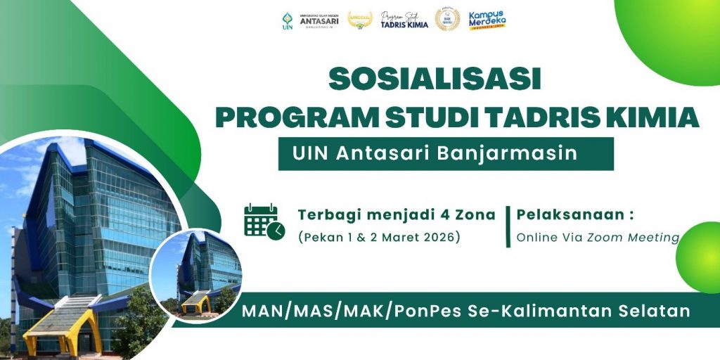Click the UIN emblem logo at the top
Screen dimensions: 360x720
(x=286, y=20)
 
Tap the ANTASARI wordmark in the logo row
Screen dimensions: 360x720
(x=319, y=20)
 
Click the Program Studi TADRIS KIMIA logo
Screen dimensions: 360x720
(x=403, y=20)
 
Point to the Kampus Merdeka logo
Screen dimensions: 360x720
(x=487, y=20)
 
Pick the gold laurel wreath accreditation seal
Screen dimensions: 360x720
(x=447, y=20)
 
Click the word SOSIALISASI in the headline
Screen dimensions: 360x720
(x=435, y=79)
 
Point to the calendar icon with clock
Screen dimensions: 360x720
(x=264, y=221)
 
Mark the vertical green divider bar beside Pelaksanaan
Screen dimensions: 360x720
(x=508, y=226)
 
